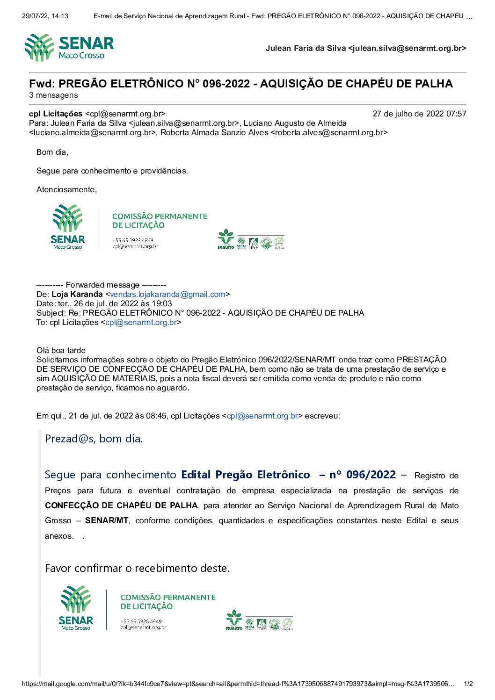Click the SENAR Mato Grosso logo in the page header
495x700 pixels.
click(x=69, y=48)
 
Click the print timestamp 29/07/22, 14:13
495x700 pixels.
click(x=45, y=16)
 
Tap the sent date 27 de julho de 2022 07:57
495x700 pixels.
click(x=419, y=114)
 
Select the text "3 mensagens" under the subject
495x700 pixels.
click(x=53, y=95)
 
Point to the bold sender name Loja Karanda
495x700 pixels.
click(x=77, y=295)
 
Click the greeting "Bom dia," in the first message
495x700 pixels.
click(x=52, y=152)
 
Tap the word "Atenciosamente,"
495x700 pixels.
click(x=66, y=189)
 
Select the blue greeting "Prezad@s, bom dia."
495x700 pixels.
click(x=94, y=439)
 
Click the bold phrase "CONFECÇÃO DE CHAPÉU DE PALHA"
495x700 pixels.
click(x=122, y=505)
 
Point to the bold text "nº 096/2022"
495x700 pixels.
click(x=363, y=475)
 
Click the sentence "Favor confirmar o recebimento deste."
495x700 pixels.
click(x=137, y=568)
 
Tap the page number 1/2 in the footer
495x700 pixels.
click(x=468, y=684)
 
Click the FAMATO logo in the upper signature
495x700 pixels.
click(x=226, y=239)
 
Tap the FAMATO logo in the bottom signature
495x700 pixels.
click(x=234, y=620)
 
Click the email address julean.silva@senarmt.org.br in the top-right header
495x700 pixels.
click(x=407, y=48)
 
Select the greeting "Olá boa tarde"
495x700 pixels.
click(x=61, y=350)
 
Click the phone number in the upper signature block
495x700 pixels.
click(x=132, y=240)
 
